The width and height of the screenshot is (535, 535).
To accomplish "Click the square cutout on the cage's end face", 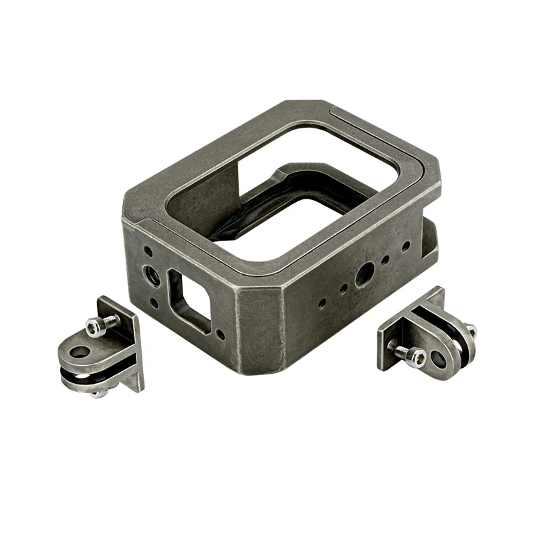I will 191,296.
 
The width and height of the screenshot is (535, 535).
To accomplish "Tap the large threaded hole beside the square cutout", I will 152,275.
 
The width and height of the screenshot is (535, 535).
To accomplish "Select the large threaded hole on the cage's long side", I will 364,272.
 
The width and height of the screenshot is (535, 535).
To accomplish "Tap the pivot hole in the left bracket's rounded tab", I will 80,352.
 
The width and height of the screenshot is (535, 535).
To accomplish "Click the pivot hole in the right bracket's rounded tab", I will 439,358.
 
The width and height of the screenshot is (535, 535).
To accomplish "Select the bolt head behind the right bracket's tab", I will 469,330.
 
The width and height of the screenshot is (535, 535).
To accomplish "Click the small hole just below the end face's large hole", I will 154,302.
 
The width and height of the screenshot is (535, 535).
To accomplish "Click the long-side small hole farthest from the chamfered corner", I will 405,247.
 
